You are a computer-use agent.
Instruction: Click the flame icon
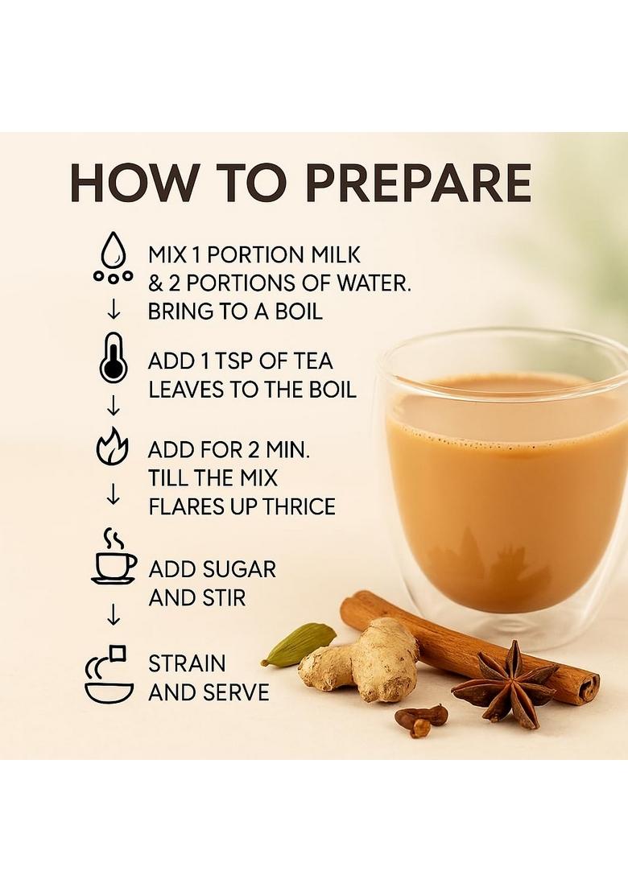113,448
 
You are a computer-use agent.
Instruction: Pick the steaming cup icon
113,557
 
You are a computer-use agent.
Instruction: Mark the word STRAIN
187,664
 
